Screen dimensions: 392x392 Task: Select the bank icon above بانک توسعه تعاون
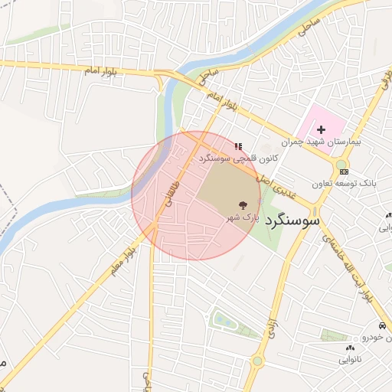click(x=343, y=172)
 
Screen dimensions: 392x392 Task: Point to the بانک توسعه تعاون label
click(x=344, y=184)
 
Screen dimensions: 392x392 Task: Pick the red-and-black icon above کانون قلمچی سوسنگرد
click(x=238, y=145)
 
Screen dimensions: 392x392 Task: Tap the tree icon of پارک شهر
click(x=243, y=204)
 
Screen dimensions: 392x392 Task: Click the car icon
click(x=381, y=326)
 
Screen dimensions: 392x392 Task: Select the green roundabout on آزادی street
click(x=257, y=361)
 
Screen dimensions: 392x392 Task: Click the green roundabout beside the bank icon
click(x=341, y=163)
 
